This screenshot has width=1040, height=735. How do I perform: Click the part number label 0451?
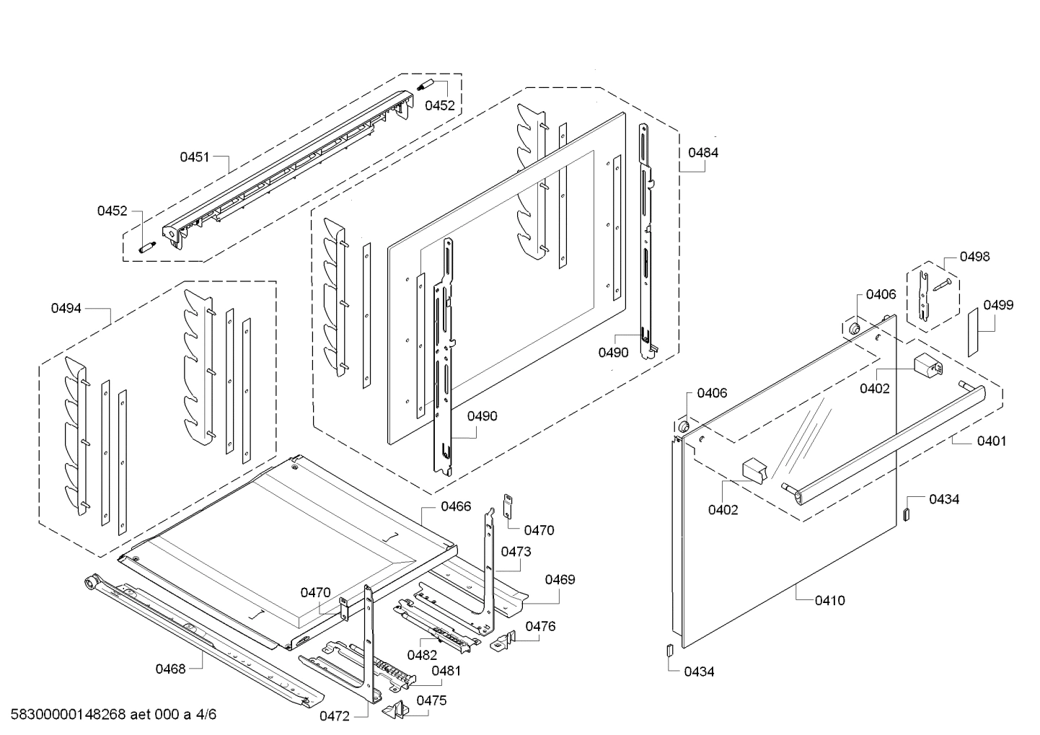(x=194, y=157)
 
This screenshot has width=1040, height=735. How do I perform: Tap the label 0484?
(x=702, y=153)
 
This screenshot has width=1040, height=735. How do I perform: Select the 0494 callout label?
(x=66, y=309)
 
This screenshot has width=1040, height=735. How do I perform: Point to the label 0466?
(x=456, y=506)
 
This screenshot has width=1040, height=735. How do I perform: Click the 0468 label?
(x=171, y=669)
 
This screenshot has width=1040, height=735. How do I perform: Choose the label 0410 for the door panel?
(x=829, y=600)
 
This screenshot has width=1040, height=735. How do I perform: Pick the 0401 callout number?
(x=992, y=441)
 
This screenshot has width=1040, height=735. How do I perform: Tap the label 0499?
(x=998, y=305)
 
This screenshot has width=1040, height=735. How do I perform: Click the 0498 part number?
(x=975, y=257)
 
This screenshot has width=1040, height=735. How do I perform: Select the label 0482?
(x=422, y=655)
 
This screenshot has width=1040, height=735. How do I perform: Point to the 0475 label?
(x=431, y=700)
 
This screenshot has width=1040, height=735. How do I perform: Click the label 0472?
(x=335, y=716)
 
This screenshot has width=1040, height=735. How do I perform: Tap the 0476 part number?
(x=540, y=627)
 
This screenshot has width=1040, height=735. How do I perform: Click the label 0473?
(x=516, y=552)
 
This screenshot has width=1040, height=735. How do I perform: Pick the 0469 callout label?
(x=560, y=580)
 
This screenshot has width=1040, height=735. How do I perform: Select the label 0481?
(x=446, y=671)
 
